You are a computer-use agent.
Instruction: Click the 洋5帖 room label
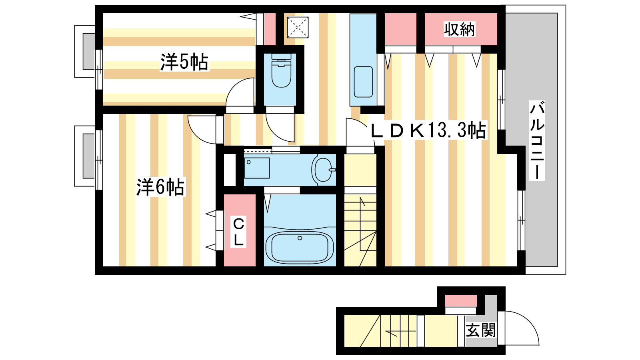184,62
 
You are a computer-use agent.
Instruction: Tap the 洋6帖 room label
160,187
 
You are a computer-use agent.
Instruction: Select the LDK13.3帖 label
428,130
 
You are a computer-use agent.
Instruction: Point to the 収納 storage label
459,30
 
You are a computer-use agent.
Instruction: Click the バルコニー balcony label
537,140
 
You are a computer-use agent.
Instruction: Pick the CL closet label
238,232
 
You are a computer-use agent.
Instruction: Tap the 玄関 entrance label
480,330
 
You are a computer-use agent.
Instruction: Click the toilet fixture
281,70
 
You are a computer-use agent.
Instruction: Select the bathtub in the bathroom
300,247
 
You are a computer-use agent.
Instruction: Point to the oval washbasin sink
323,170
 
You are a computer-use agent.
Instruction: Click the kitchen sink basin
364,82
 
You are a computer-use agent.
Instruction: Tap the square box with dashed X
298,27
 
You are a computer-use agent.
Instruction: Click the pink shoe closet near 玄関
461,301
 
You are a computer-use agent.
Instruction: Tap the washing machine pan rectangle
257,168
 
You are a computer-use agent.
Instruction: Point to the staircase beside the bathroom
360,230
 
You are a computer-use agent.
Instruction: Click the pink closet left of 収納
400,29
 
